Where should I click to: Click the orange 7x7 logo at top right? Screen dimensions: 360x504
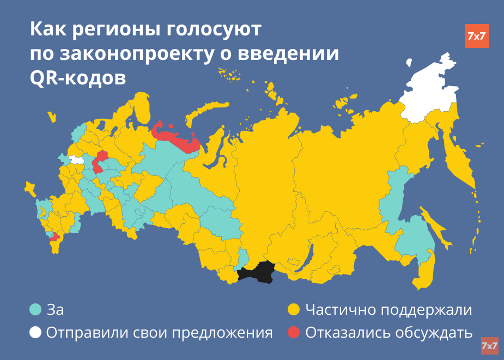pos(476,36)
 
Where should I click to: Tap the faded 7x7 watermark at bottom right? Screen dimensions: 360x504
pos(489,346)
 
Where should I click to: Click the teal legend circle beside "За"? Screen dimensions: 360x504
pos(35,310)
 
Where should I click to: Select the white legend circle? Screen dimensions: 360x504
pos(35,332)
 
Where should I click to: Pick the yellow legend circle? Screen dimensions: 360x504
pos(294,310)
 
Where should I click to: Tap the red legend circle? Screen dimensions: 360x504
pos(294,332)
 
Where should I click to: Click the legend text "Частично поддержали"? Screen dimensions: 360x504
pos(388,310)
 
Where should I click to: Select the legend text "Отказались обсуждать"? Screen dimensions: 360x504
pos(388,332)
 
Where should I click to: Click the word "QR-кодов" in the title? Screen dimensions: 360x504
pos(77,78)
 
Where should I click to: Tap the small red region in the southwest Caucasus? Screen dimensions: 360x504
pos(54,237)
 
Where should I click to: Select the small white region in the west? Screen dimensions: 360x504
pos(77,160)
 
